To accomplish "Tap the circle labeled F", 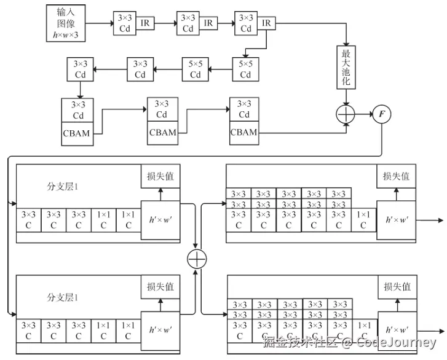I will click(381, 114).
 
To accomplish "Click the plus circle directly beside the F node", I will click(346, 114).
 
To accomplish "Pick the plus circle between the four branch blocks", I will click(196, 259).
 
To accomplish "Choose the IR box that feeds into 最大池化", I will click(267, 23).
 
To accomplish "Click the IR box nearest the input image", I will click(145, 23).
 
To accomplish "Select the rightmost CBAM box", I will click(244, 131).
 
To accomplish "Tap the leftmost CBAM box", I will click(78, 133).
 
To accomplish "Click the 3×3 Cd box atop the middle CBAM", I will click(161, 109).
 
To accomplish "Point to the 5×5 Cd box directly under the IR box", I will click(245, 69).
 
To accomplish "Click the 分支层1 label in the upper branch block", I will click(64, 186).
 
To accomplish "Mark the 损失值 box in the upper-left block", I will click(160, 176).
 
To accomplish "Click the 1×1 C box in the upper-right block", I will click(363, 220).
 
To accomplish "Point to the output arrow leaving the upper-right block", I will click(430, 219).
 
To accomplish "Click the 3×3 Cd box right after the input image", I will click(124, 23).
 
